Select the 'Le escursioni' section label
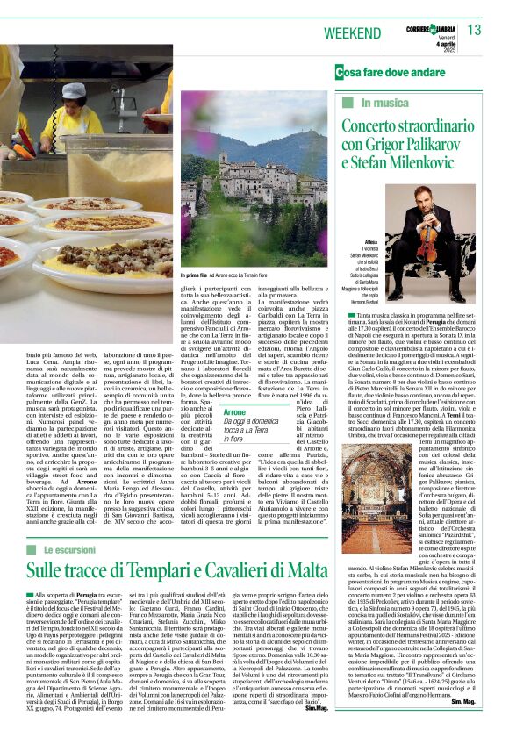(75, 549)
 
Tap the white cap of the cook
(74, 90)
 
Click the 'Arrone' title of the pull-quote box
(235, 411)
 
